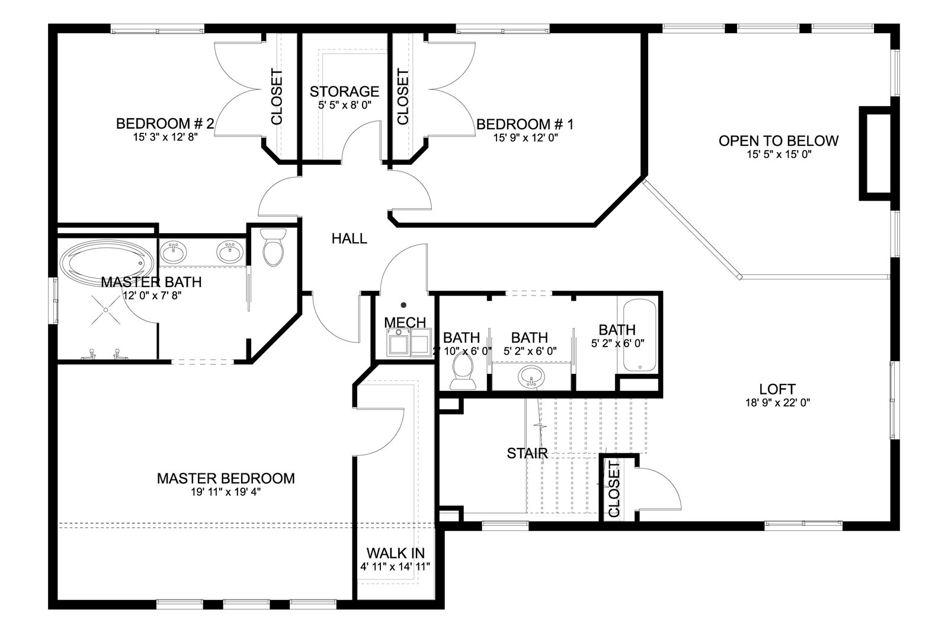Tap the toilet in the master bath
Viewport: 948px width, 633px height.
(273, 247)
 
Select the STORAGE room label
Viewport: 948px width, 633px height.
(344, 91)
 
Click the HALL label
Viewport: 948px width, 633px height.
(349, 238)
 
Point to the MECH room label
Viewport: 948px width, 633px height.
(405, 322)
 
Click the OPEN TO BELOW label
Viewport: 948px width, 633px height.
(779, 141)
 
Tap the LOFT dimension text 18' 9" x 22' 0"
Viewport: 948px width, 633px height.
(777, 402)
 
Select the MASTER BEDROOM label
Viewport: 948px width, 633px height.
(226, 478)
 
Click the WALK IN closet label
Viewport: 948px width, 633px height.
(395, 553)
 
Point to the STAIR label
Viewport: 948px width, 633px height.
(527, 453)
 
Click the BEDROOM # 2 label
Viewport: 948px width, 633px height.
(165, 124)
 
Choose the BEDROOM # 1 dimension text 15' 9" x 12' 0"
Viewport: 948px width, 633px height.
(526, 138)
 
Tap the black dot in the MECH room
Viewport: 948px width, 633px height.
(403, 305)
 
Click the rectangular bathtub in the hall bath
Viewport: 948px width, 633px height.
(639, 336)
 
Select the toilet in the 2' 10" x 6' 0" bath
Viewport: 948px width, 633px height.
(462, 371)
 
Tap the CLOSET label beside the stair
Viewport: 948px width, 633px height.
(614, 489)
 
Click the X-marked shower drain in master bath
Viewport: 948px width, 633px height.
(106, 310)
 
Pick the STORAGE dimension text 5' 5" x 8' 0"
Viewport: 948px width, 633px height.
(344, 105)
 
